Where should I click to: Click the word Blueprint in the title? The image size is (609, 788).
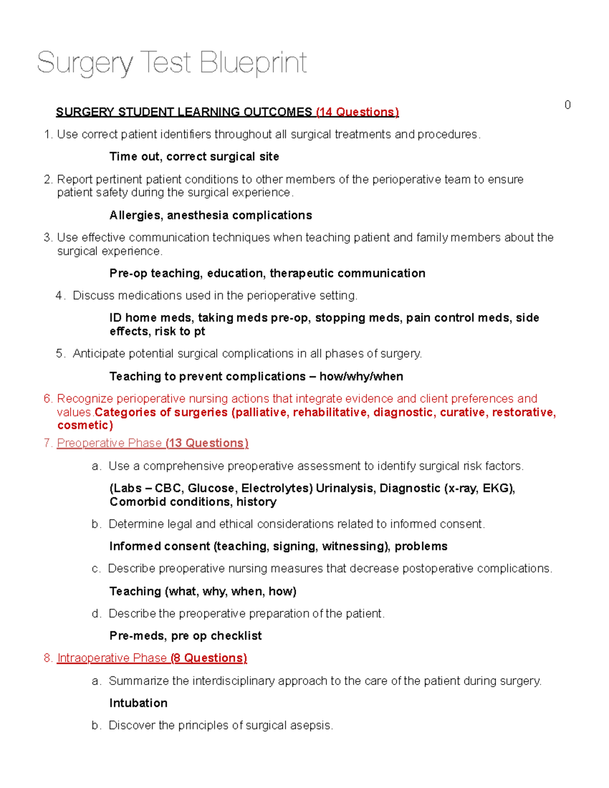[x=253, y=63]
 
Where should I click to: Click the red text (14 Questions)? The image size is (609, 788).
[x=357, y=112]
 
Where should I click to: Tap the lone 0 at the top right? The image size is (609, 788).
[x=567, y=105]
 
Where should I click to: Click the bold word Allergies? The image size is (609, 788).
[x=136, y=216]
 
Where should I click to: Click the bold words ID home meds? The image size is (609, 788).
[x=151, y=318]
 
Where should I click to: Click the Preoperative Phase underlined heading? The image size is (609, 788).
[x=109, y=443]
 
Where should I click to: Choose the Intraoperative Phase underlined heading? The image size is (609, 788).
[x=112, y=659]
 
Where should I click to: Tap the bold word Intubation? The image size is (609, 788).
[x=138, y=703]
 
